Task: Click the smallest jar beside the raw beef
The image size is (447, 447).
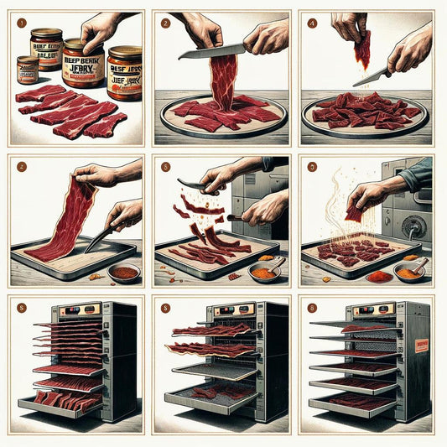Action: tap(27, 69)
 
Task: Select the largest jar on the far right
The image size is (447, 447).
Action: tap(124, 74)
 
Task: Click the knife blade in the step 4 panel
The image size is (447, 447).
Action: tap(372, 76)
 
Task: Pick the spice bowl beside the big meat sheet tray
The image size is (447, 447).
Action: tap(123, 273)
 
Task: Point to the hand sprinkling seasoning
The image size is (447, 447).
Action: tap(369, 195)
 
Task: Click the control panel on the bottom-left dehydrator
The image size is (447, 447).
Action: tap(81, 311)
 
